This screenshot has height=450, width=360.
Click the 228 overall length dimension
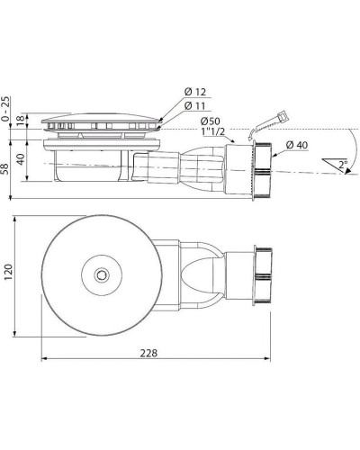[149, 352]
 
